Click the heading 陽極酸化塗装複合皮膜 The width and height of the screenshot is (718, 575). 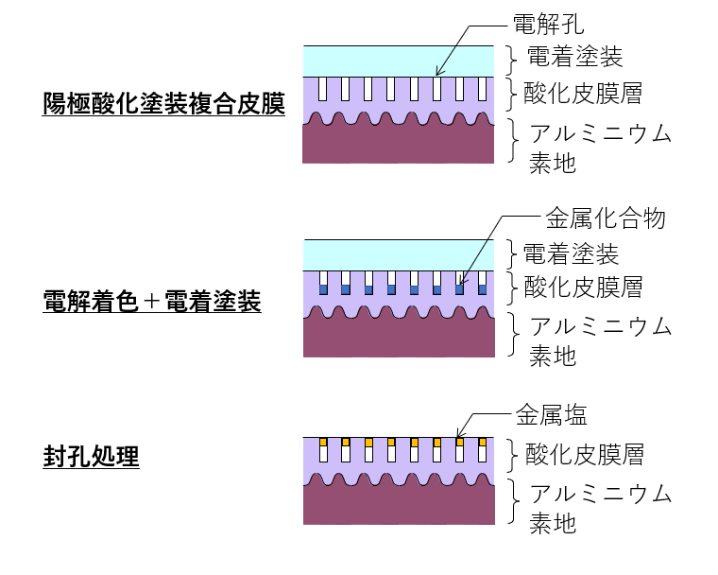(x=163, y=103)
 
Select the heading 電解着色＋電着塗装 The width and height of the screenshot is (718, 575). (x=152, y=303)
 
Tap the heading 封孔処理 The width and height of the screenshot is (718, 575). (x=91, y=458)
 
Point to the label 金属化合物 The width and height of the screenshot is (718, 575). (x=606, y=219)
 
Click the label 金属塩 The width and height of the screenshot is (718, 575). (x=554, y=413)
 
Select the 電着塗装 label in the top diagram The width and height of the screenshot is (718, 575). (x=574, y=58)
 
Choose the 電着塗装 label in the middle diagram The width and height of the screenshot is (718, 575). (x=572, y=253)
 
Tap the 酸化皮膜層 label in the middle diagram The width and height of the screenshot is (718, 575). (x=584, y=287)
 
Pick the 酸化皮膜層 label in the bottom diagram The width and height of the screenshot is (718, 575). (x=584, y=455)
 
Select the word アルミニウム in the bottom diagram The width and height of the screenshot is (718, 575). (x=600, y=494)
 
